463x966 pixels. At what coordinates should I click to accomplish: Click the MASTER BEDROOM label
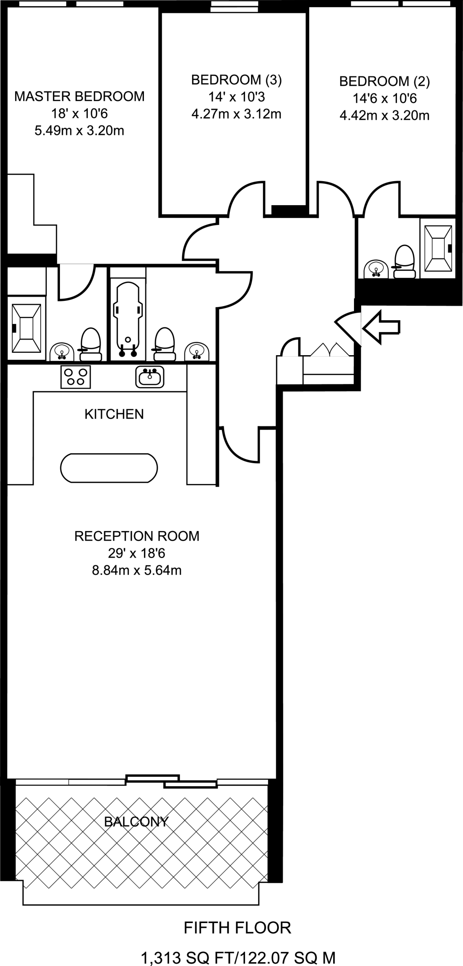(x=79, y=96)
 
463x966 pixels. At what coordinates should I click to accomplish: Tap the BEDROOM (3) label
(x=236, y=80)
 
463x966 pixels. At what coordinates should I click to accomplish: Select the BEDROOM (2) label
(x=384, y=82)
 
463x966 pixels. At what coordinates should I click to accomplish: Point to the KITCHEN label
(x=114, y=414)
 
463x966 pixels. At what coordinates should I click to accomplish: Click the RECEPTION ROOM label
(x=137, y=536)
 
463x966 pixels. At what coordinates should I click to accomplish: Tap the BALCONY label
(x=136, y=822)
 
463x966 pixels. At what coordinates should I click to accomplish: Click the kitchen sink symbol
(x=150, y=376)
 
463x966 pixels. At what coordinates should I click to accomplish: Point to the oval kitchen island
(x=109, y=468)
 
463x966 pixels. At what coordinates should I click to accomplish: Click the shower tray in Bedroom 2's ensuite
(x=438, y=249)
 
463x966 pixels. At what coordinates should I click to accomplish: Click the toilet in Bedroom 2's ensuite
(x=404, y=262)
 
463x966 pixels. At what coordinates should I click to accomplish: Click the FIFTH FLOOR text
(x=237, y=928)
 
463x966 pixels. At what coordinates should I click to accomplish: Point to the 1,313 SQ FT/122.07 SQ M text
(x=238, y=958)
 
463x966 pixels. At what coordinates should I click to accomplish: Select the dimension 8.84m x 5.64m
(x=137, y=570)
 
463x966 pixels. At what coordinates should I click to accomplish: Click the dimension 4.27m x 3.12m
(x=236, y=114)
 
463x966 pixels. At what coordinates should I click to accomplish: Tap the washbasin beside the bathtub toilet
(x=197, y=351)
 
